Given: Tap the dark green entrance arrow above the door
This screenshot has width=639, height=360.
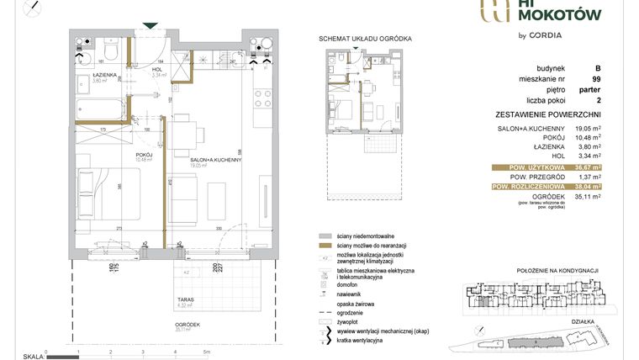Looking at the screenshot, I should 150,24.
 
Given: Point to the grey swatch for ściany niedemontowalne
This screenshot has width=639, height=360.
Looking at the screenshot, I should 323,236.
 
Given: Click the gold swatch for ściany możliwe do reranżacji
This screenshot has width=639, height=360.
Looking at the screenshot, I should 323,245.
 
